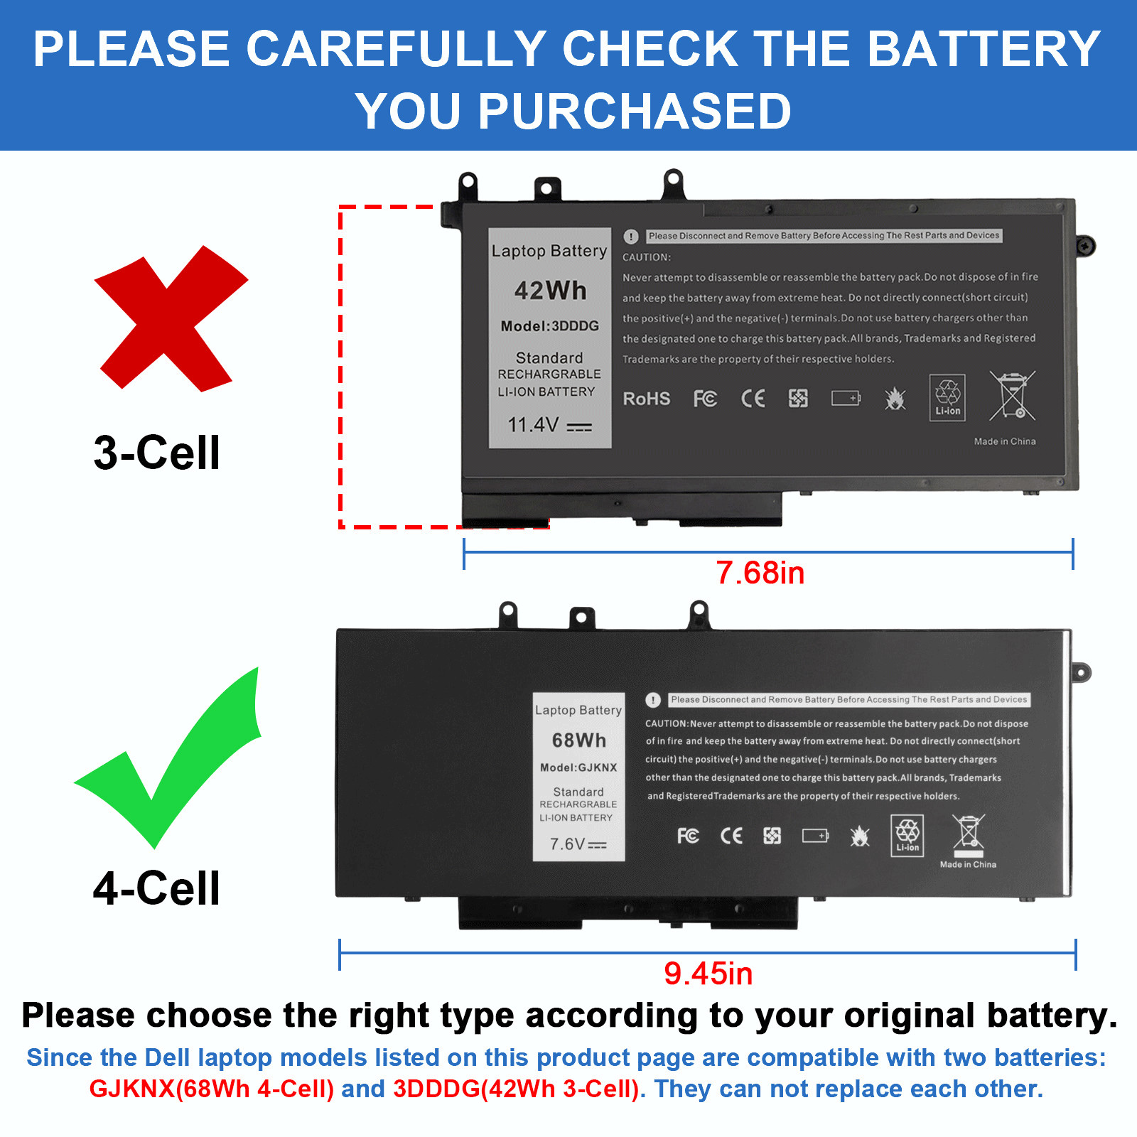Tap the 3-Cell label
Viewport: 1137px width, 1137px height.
[156, 453]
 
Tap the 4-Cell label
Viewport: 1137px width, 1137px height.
[156, 888]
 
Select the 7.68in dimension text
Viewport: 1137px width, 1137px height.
[760, 573]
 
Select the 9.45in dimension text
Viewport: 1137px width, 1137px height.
[708, 974]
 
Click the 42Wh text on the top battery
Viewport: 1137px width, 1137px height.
[550, 291]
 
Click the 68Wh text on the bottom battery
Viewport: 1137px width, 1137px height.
[579, 740]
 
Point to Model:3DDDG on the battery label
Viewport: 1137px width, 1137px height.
[549, 326]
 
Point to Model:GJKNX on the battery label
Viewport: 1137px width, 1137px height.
[578, 767]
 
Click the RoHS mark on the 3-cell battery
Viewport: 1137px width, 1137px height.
[646, 399]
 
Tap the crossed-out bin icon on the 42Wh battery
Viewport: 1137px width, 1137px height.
[1012, 396]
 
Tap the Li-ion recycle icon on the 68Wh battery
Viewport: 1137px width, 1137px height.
[907, 835]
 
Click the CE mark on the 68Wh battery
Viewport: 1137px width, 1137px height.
[731, 836]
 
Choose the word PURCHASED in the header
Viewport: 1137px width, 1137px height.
[634, 112]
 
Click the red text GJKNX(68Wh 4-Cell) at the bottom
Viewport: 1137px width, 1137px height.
[211, 1089]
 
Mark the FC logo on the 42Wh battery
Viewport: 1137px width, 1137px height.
[705, 399]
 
